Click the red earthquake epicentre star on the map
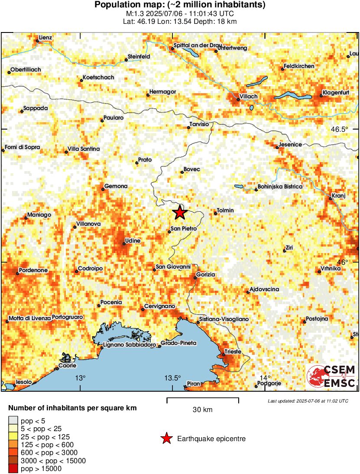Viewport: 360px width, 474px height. (179, 213)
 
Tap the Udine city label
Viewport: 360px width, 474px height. (132, 240)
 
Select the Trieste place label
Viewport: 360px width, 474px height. (232, 352)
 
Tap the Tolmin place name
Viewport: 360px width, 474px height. (225, 211)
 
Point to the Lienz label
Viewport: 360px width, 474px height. (45, 38)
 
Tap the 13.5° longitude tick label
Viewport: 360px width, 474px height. (172, 378)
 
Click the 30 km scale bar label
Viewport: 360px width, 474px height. (202, 409)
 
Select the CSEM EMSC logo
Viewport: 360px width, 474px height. (331, 377)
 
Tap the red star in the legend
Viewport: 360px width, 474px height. (166, 439)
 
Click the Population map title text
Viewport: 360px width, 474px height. (180, 5)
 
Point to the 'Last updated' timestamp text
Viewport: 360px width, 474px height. (308, 401)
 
